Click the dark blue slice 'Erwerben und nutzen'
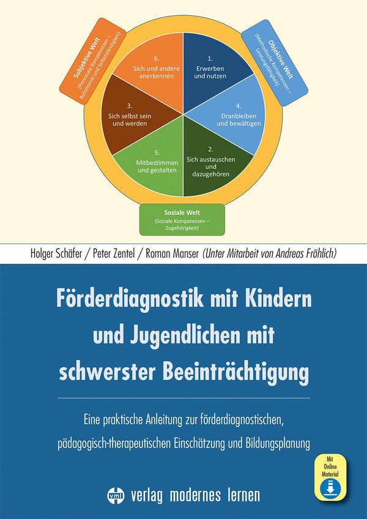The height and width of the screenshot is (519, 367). (x=211, y=67)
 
